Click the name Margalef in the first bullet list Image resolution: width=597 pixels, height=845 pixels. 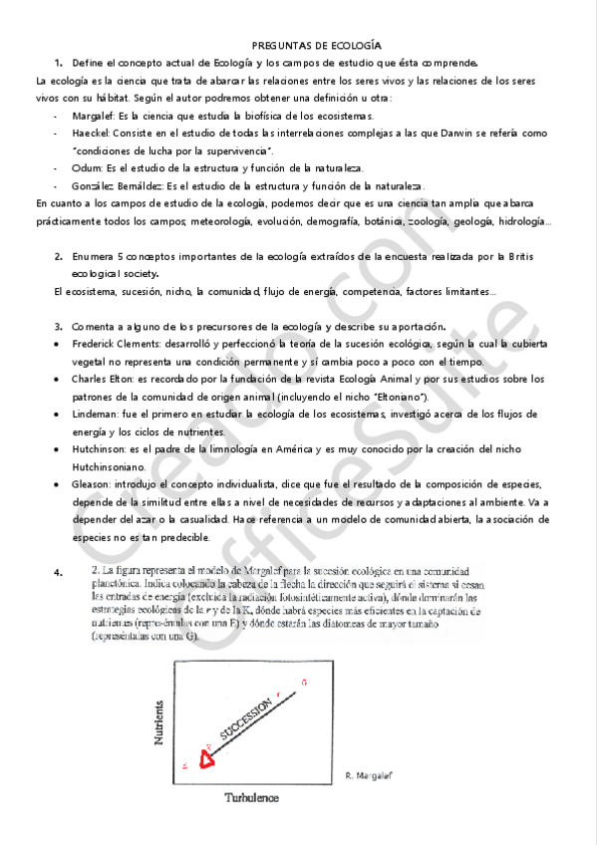pos(93,117)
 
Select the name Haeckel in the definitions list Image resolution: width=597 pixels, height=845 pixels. pos(91,133)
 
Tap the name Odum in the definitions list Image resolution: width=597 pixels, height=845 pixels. pos(86,167)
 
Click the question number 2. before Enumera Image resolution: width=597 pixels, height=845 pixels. pos(60,256)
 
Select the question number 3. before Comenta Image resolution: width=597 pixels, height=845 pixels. pos(60,325)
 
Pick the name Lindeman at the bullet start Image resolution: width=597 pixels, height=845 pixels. pos(95,414)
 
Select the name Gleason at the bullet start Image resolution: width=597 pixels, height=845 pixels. pos(92,484)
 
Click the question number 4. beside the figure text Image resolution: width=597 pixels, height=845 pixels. pos(60,572)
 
